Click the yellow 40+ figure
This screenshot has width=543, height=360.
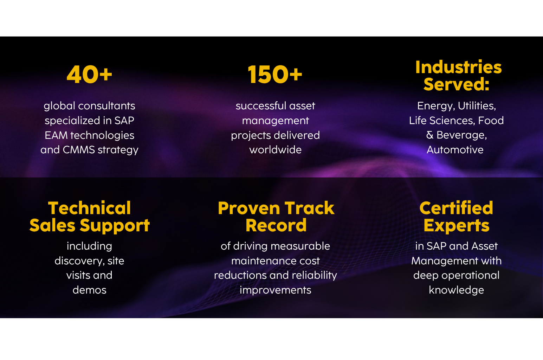point(89,75)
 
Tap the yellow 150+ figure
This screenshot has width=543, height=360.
point(275,75)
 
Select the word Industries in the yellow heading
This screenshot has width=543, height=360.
point(458,67)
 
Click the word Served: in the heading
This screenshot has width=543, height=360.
point(456,84)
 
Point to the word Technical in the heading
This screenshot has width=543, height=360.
point(89,208)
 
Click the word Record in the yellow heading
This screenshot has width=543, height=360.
point(276,225)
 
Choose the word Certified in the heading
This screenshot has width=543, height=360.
point(456,208)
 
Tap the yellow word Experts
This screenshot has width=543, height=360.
point(456,225)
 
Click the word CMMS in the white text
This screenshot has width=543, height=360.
point(79,150)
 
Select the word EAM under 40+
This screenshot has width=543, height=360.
point(56,135)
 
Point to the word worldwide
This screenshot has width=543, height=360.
point(275,150)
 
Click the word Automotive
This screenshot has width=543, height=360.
point(455,150)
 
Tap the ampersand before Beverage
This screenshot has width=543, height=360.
point(429,135)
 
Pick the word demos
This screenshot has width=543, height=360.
point(89,290)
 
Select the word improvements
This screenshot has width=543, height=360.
point(275,290)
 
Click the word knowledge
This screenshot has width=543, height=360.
point(456,290)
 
